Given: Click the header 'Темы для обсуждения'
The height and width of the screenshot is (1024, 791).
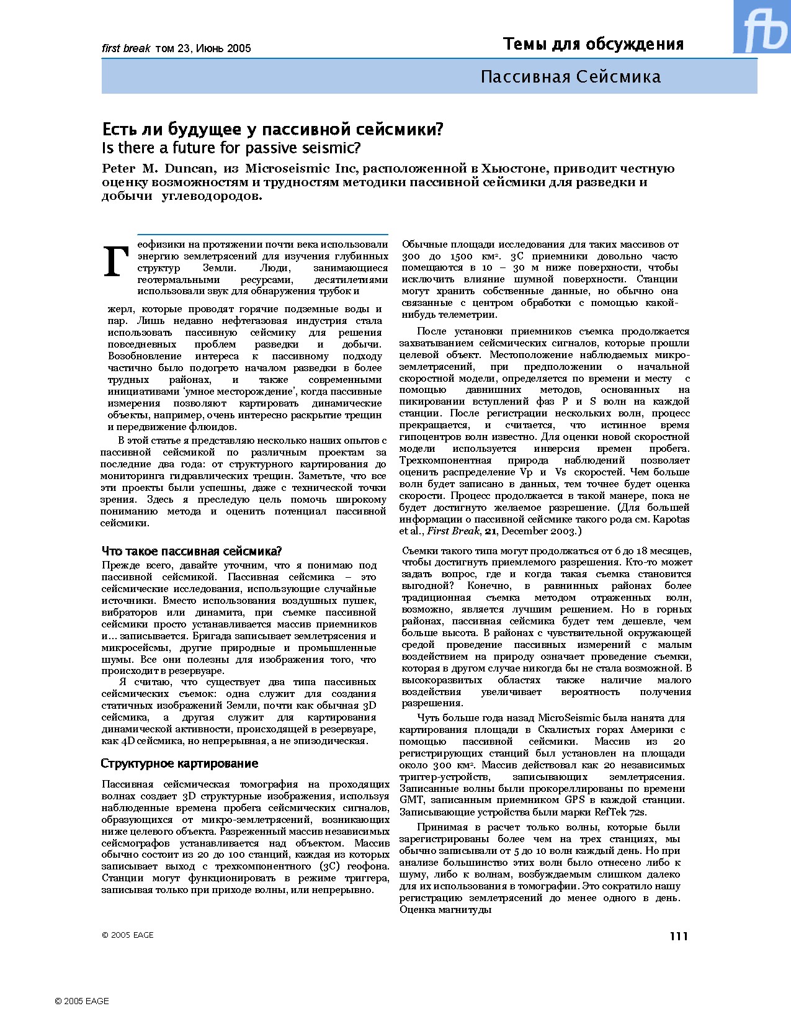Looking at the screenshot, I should (593, 44).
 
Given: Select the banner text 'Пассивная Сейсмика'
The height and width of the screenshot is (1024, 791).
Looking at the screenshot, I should (570, 77).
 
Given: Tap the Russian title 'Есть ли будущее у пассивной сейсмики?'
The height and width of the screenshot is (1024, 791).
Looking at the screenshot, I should (272, 129).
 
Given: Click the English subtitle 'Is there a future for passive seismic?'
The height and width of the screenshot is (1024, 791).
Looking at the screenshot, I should (231, 148).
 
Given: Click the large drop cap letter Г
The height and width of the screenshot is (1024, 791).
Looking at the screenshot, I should (116, 261).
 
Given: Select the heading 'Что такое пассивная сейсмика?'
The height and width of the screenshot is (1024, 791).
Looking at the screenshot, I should (192, 551).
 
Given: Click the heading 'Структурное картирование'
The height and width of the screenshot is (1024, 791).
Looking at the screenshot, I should (179, 763).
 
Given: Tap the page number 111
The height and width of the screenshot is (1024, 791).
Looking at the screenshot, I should (679, 936).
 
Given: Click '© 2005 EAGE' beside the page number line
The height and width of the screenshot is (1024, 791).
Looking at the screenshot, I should (127, 935).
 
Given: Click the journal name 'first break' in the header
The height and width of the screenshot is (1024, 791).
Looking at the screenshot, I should (126, 48).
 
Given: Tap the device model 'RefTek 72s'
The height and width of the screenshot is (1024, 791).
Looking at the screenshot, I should (620, 812).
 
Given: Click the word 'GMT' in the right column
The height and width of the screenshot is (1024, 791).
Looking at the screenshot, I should (411, 801).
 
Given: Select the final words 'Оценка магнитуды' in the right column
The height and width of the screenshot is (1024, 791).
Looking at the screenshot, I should (445, 910).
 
